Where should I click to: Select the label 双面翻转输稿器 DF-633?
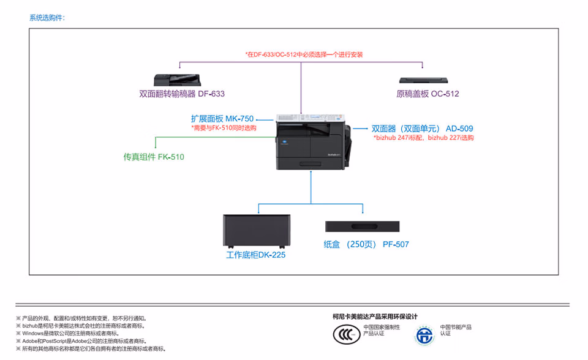click(x=182, y=94)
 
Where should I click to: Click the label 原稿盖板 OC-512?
click(x=428, y=94)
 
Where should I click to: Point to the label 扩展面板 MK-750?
click(x=222, y=119)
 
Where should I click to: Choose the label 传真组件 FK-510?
click(x=154, y=157)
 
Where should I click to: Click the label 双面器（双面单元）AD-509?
click(x=422, y=129)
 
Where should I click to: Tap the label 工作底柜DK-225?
click(x=255, y=255)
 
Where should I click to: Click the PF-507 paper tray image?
click(x=362, y=227)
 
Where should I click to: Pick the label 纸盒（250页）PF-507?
click(x=366, y=244)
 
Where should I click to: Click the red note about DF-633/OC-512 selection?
click(x=304, y=54)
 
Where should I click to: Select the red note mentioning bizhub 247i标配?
click(x=423, y=138)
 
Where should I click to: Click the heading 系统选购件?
click(x=47, y=17)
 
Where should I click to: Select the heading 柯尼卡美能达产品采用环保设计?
click(x=375, y=317)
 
